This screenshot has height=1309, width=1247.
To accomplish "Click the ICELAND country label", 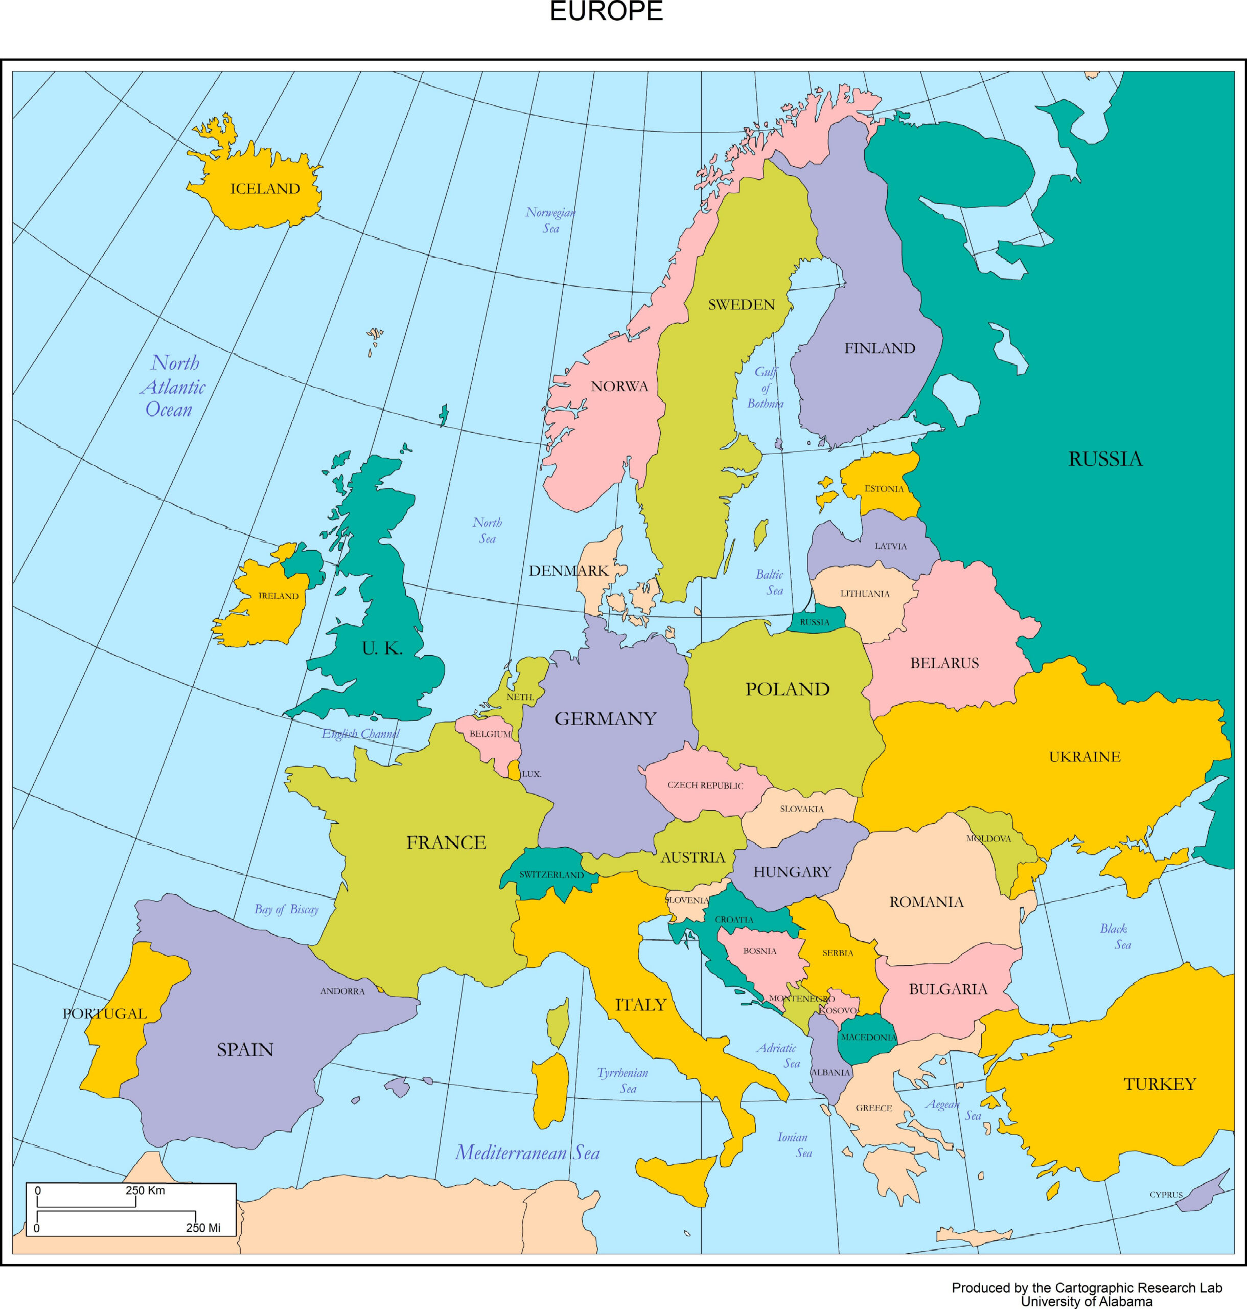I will tap(265, 189).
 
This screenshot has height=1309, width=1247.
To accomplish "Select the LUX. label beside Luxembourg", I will tap(532, 774).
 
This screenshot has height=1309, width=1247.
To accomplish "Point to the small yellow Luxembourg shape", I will tap(514, 770).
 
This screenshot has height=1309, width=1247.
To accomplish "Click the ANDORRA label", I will tap(342, 991).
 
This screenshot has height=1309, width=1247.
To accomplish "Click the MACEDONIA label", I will tap(868, 1037).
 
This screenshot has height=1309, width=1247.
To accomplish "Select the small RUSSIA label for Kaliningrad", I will tap(814, 622).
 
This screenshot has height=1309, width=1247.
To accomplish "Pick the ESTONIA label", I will tap(884, 489).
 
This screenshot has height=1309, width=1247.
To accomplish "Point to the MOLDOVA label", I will tap(988, 839).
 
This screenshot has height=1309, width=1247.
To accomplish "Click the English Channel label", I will tap(361, 734).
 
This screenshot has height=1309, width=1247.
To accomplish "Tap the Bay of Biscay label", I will tap(287, 909).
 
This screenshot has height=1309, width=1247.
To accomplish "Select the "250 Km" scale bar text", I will tap(145, 1190).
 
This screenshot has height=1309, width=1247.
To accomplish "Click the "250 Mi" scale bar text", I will tap(203, 1228).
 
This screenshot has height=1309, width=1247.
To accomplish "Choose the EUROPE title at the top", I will tap(606, 11).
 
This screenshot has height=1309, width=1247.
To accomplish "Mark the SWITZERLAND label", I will tap(551, 875).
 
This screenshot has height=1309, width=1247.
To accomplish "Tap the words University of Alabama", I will tap(1086, 1301).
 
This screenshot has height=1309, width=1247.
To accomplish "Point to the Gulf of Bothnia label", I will tap(765, 388).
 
